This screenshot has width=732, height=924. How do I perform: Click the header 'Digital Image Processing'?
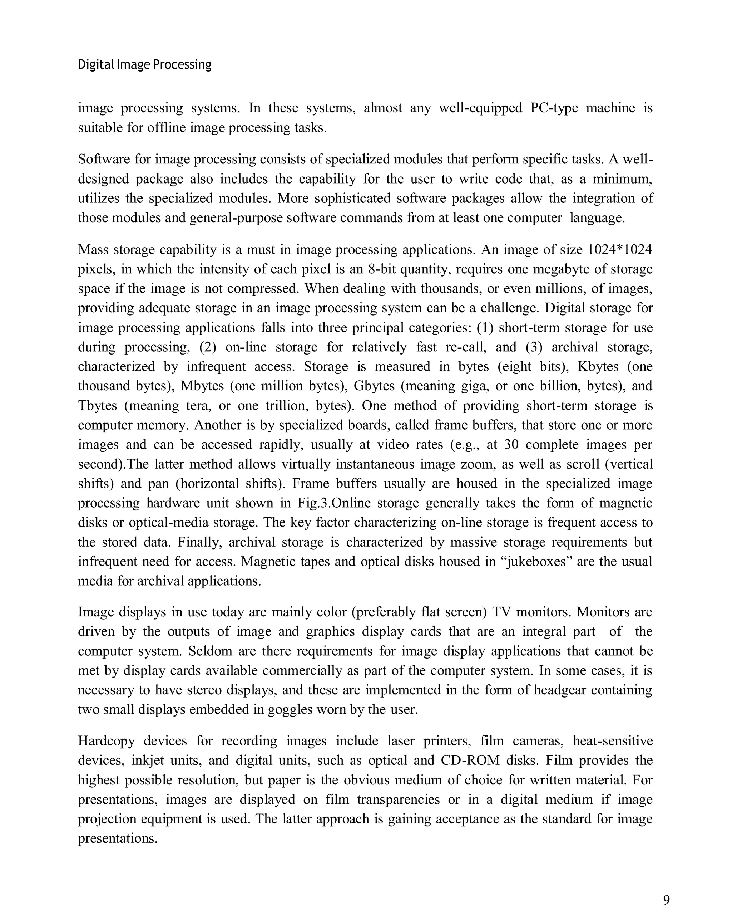[144, 65]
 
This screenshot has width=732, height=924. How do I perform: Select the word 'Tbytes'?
[97, 405]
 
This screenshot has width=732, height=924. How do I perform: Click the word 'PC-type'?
[554, 108]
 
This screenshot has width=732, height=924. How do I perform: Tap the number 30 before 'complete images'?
[511, 444]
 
